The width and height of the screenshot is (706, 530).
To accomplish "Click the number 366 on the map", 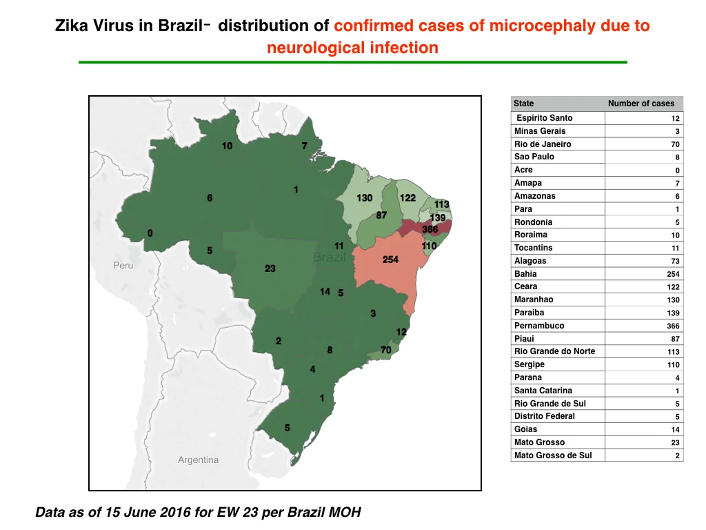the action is point(430,229).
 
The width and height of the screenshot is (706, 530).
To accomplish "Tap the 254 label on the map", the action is point(390,259).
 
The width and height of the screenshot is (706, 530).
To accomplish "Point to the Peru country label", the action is point(123,266).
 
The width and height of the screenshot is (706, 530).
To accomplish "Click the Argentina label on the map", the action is point(198,460).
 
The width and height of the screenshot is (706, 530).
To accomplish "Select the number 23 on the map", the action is point(270,268).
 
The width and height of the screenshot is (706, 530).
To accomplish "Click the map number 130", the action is point(364,198).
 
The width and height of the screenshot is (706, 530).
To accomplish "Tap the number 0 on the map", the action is point(150,233).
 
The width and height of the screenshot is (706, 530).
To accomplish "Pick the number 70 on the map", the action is point(386,350).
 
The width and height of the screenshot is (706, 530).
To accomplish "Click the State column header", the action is point(524,104).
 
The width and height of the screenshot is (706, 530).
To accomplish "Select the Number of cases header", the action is point(641,104).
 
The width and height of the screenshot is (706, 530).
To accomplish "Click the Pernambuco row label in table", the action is point(539,326).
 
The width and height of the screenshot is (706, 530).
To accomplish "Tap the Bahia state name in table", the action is point(525,273).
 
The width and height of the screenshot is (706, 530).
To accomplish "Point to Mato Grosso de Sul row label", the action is point(553,455).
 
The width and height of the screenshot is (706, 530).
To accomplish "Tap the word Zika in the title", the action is point(72,26).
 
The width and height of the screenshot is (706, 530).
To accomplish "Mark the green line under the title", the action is point(353,62).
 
